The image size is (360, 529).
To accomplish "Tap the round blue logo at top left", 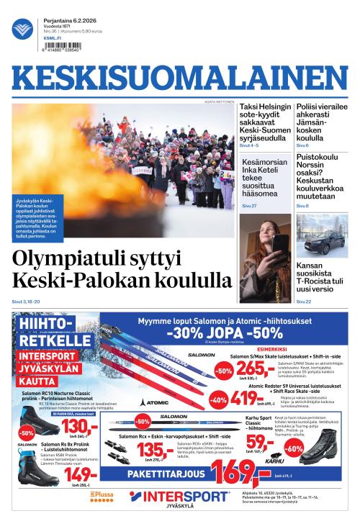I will [22, 30].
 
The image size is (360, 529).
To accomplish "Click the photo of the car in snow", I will [322, 235].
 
